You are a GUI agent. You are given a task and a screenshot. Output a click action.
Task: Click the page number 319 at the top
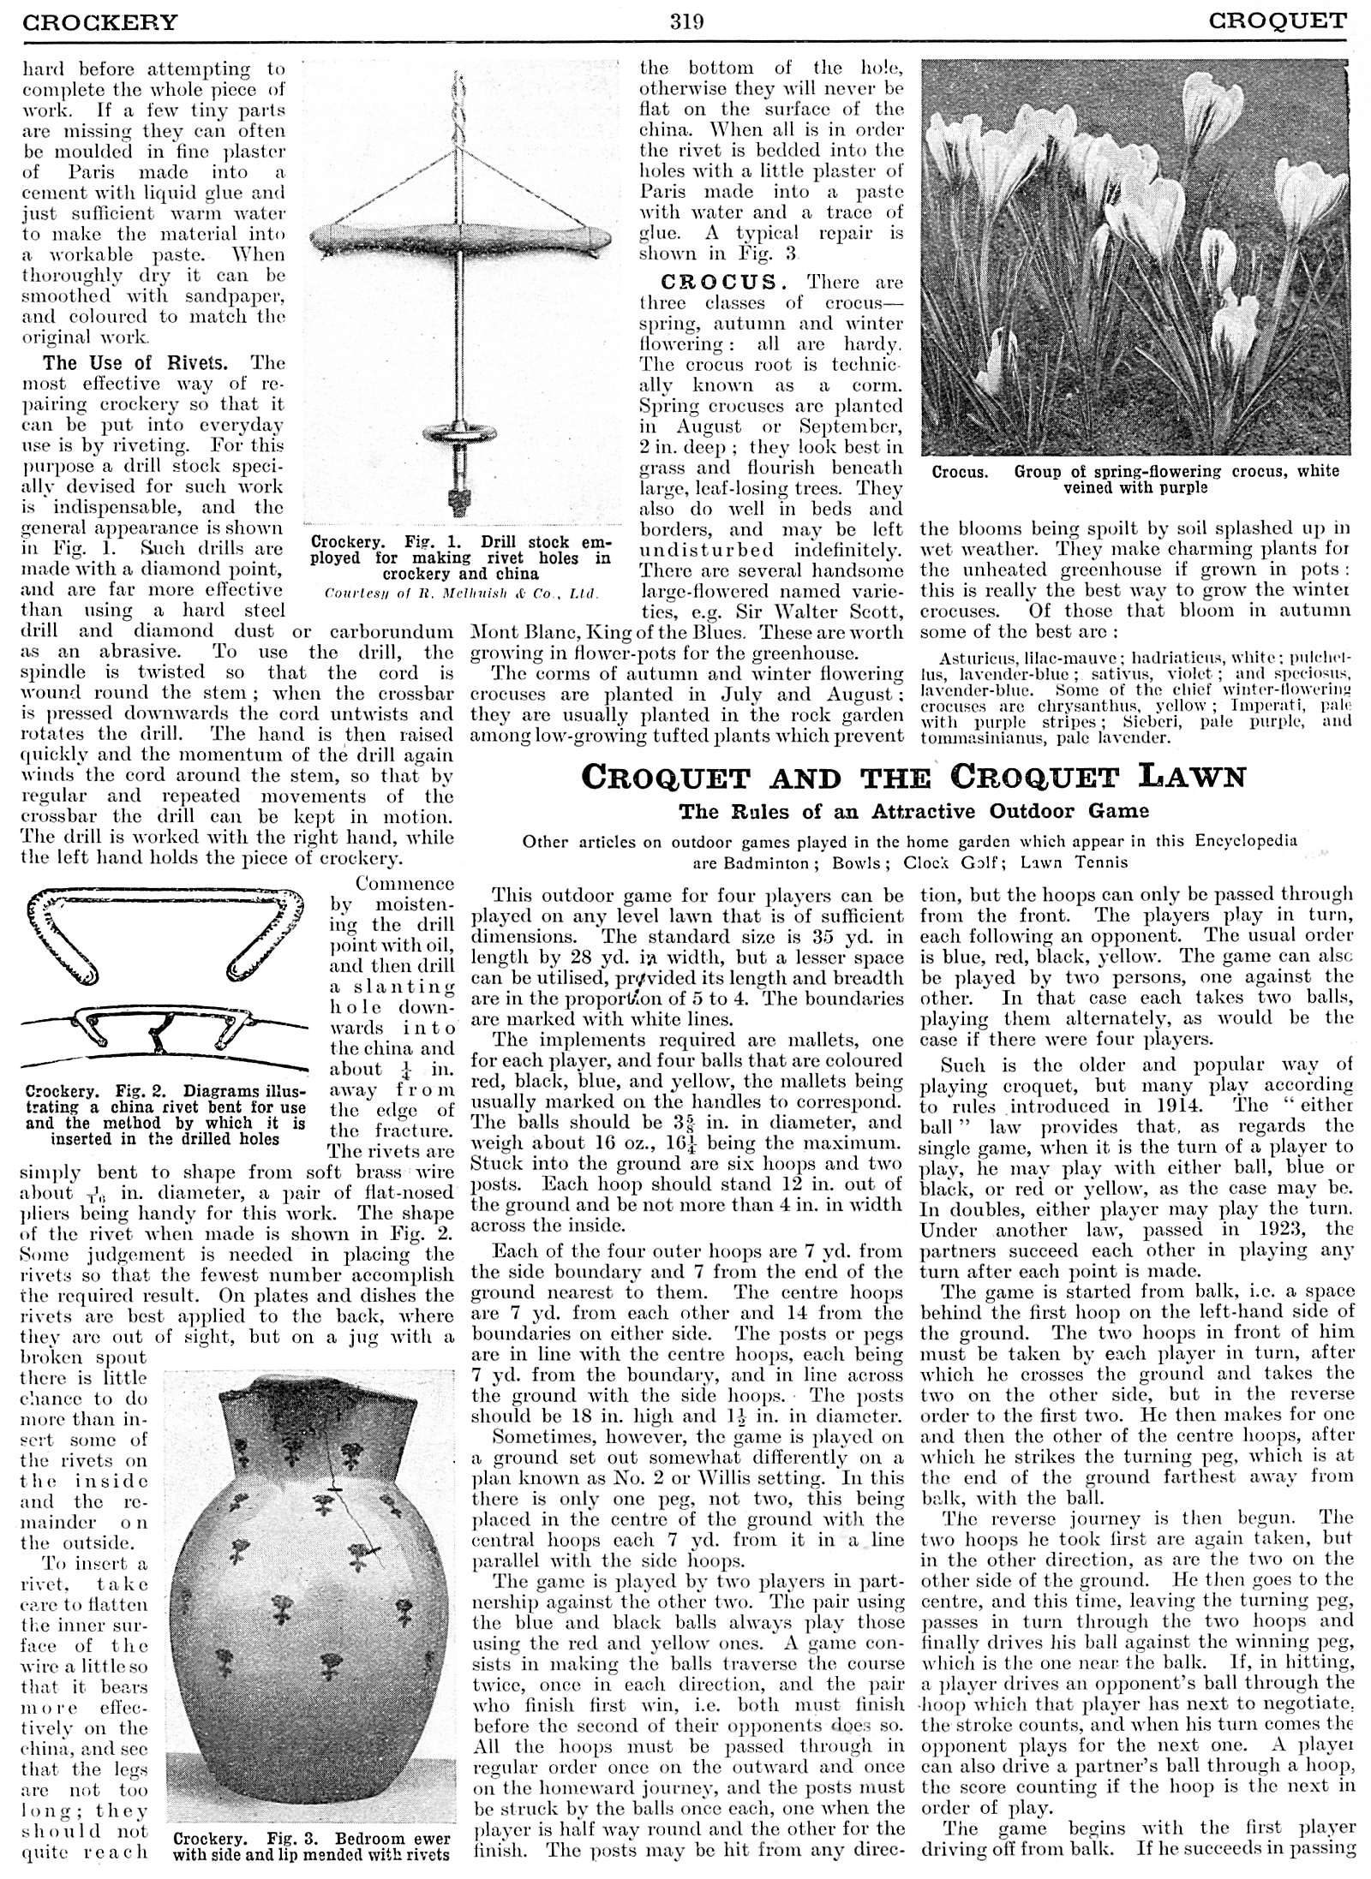[x=686, y=21]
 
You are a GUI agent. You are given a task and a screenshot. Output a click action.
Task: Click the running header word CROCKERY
[x=100, y=21]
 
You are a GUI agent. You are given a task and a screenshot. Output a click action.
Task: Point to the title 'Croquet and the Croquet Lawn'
[x=912, y=778]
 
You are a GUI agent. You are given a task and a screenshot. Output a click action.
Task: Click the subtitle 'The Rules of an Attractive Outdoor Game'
[x=913, y=810]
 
